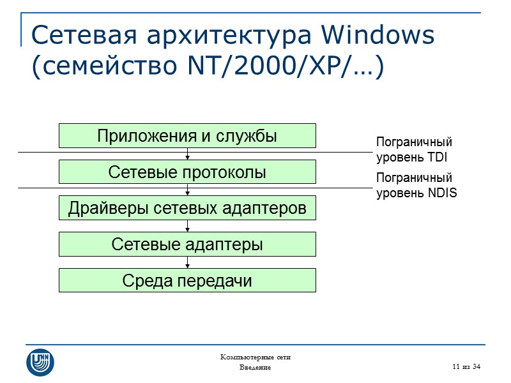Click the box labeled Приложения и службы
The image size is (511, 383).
tap(187, 135)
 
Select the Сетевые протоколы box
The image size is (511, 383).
tap(187, 172)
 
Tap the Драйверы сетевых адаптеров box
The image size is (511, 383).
tap(187, 207)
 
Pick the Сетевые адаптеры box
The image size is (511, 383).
tap(187, 244)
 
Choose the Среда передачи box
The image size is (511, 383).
tap(187, 280)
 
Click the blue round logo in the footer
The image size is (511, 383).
tap(40, 362)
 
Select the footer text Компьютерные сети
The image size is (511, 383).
tap(255, 357)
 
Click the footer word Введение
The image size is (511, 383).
tap(255, 368)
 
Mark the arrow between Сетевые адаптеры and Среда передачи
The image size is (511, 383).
tap(187, 262)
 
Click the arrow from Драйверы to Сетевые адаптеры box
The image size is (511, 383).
tap(187, 226)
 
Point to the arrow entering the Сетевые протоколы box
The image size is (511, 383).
tap(187, 154)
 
